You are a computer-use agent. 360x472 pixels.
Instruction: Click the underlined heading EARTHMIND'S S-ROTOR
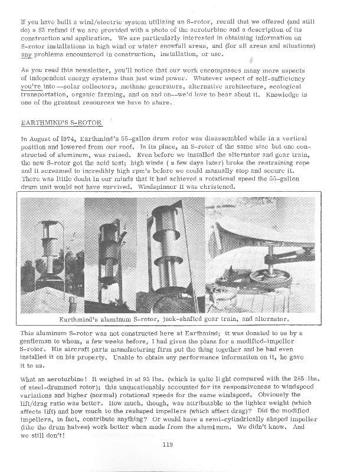(x=62, y=123)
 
